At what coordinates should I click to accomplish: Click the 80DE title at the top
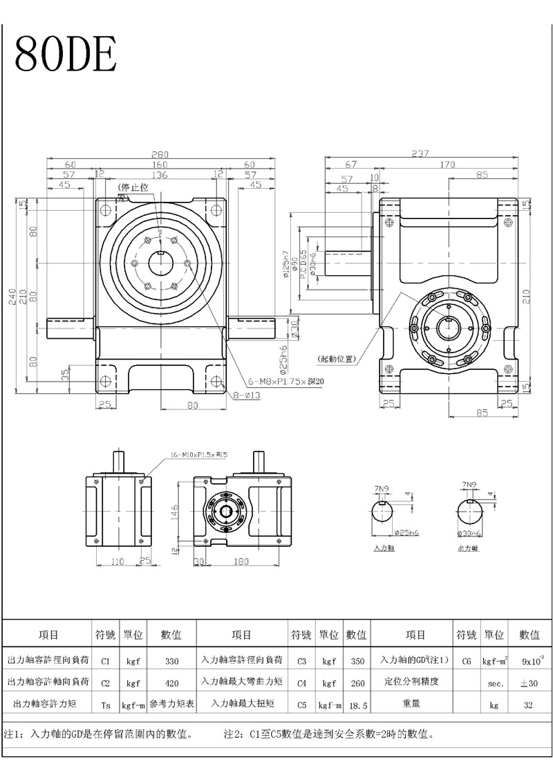pyautogui.click(x=66, y=53)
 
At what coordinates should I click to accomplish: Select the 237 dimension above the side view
pyautogui.click(x=420, y=153)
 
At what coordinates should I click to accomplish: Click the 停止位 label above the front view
pyautogui.click(x=134, y=187)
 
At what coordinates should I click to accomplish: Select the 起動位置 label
pyautogui.click(x=337, y=359)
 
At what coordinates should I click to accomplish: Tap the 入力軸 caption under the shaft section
pyautogui.click(x=384, y=548)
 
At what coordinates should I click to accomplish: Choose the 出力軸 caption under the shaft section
pyautogui.click(x=468, y=548)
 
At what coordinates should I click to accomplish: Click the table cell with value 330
pyautogui.click(x=172, y=661)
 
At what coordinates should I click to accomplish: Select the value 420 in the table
pyautogui.click(x=172, y=681)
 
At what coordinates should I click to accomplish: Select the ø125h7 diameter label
pyautogui.click(x=286, y=263)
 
